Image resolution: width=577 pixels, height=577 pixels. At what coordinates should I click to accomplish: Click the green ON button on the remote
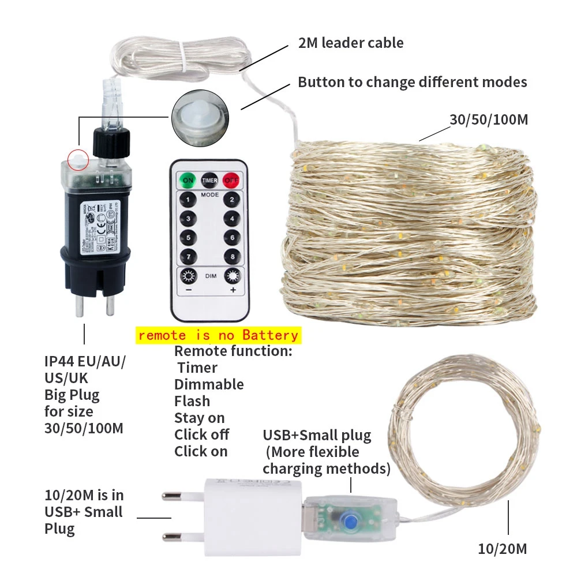[188, 179]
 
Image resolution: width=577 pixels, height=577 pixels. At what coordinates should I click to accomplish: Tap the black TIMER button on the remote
[209, 179]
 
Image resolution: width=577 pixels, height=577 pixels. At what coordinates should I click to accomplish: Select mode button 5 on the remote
[188, 237]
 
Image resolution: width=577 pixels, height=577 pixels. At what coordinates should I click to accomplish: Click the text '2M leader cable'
[351, 43]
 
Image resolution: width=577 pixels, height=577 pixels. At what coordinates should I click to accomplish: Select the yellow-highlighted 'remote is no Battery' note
[218, 335]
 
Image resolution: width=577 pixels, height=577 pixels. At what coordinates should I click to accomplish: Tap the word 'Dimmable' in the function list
[209, 384]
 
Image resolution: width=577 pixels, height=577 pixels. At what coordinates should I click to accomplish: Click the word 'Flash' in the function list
[192, 401]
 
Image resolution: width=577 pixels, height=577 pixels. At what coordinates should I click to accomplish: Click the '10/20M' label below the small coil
[503, 549]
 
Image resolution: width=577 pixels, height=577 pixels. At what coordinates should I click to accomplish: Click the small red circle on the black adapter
[77, 158]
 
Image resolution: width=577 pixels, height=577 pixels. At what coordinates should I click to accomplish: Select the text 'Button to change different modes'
[412, 82]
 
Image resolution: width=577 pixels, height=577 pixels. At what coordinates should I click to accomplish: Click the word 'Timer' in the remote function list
[197, 368]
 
